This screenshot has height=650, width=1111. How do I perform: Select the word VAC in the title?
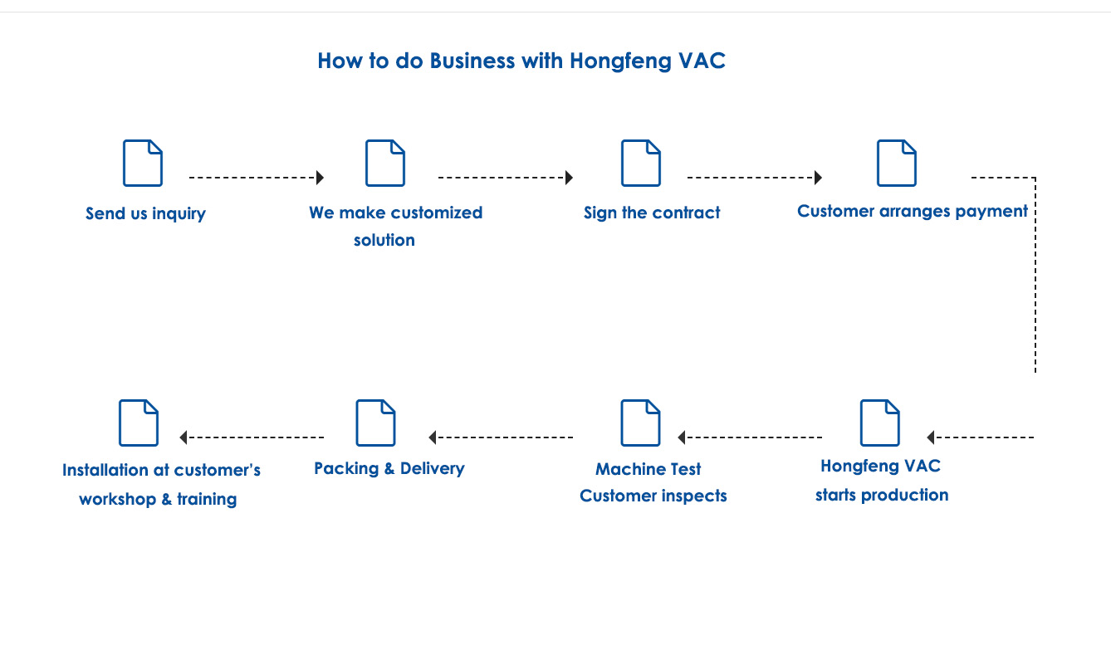pos(702,61)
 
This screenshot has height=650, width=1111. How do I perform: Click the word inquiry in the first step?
pos(179,213)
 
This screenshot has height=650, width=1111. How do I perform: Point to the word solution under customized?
pos(384,240)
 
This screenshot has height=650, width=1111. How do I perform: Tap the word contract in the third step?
pos(686,213)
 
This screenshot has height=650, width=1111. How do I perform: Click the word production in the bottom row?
pos(905,496)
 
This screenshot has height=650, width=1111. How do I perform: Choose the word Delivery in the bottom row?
pos(432,468)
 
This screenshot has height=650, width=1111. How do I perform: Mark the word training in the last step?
pos(207,499)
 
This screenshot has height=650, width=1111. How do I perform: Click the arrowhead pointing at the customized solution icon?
pos(320,178)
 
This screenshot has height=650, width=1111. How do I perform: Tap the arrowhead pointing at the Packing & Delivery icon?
pos(433,437)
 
